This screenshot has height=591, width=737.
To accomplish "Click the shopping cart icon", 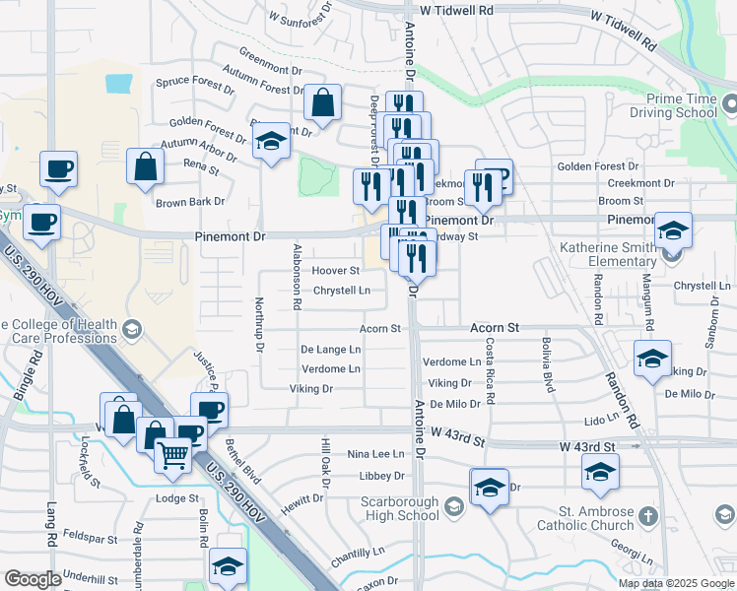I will point(173,454).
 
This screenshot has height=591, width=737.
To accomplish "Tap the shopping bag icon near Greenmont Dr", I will point(322,101).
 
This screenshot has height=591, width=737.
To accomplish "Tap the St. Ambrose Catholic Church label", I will point(598,517).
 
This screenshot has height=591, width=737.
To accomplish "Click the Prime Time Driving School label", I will point(682,105).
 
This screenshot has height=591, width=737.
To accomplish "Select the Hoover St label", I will point(335,271).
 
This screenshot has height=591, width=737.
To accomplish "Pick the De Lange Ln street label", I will point(331,350).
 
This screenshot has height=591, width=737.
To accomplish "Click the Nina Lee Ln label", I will point(375,454).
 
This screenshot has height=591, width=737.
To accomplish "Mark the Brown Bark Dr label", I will point(190,202).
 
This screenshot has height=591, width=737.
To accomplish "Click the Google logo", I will point(33,579).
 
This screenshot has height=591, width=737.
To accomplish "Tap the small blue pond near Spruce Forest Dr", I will point(118,83).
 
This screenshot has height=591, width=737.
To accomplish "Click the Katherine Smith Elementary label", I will point(609,254).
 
